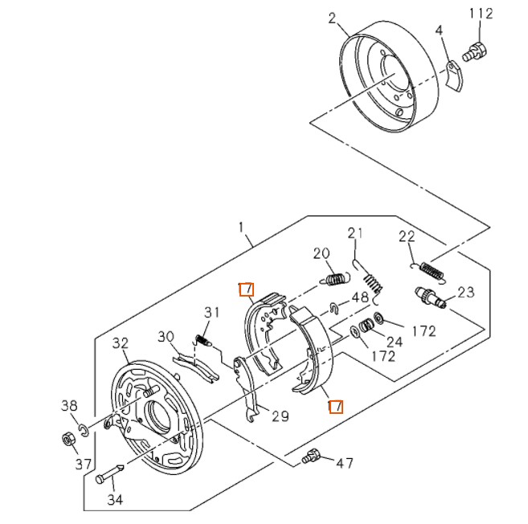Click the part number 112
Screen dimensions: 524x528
pyautogui.click(x=480, y=14)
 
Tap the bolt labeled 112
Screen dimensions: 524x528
pyautogui.click(x=473, y=53)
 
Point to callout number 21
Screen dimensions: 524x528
pyautogui.click(x=356, y=234)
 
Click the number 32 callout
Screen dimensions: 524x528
pyautogui.click(x=121, y=343)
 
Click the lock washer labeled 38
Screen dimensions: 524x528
pyautogui.click(x=84, y=424)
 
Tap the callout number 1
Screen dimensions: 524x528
pyautogui.click(x=242, y=228)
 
